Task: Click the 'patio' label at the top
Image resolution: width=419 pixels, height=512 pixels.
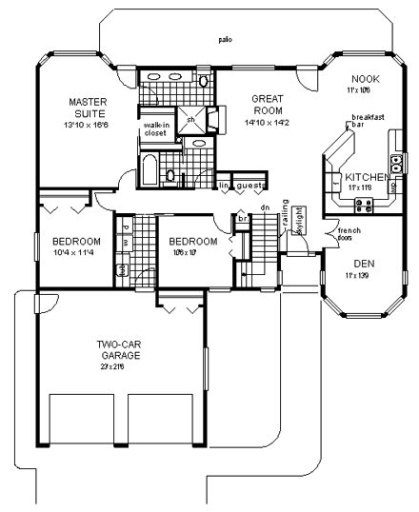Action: tap(225, 40)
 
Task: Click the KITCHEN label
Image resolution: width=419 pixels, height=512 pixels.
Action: tap(366, 178)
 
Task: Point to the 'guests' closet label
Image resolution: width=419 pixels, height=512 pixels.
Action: tap(250, 185)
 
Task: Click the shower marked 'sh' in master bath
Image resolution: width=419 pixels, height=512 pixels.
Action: tap(190, 120)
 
